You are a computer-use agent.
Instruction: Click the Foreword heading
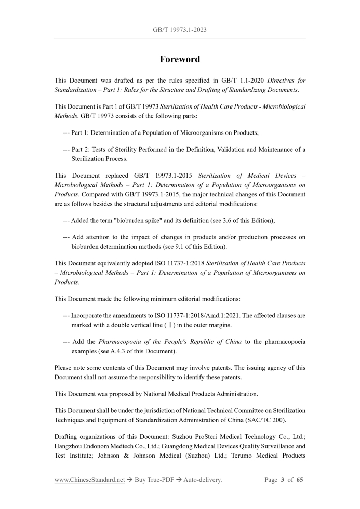pos(180,59)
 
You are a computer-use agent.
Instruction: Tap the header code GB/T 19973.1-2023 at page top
pos(180,30)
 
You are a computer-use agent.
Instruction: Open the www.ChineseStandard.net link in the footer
pos(89,480)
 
